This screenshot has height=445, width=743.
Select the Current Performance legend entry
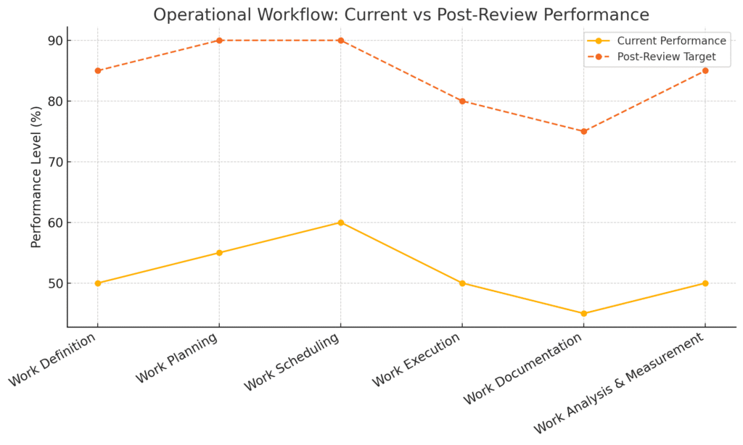[x=670, y=41]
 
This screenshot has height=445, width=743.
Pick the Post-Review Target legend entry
[x=666, y=56]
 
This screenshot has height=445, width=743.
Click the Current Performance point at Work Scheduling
[x=341, y=222]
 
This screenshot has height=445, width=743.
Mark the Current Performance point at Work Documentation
[x=583, y=314]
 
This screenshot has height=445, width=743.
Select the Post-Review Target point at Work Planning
[x=219, y=41]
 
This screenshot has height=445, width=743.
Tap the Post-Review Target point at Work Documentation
[x=583, y=131]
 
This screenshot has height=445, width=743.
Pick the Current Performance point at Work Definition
[x=98, y=283]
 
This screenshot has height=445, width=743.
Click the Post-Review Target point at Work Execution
[x=462, y=101]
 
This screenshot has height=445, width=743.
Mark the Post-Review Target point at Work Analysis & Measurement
[x=705, y=70]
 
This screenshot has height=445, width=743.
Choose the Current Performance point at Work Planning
[x=219, y=253]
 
